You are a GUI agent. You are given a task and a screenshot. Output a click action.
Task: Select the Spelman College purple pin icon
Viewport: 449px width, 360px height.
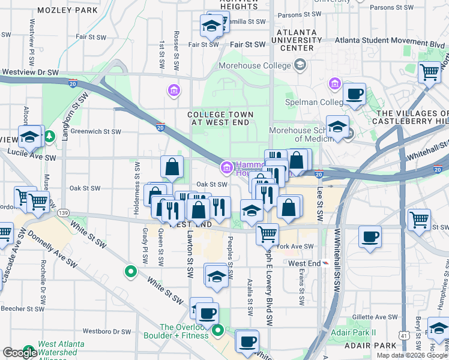click(334, 84)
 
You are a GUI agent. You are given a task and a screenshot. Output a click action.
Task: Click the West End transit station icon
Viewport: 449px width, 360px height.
click(325, 263)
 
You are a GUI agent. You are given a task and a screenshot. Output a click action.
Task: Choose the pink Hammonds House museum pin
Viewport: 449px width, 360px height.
click(227, 167)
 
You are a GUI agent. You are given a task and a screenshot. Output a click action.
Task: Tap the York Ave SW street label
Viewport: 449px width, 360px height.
click(296, 247)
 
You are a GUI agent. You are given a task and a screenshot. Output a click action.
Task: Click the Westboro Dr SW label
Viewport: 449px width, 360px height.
click(107, 331)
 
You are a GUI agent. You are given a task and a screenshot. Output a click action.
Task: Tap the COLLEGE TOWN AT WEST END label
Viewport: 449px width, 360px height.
click(220, 118)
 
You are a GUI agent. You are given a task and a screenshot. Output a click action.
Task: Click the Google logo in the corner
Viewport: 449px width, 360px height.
click(20, 353)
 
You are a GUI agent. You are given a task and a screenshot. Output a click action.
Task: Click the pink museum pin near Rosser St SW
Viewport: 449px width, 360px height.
click(173, 90)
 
